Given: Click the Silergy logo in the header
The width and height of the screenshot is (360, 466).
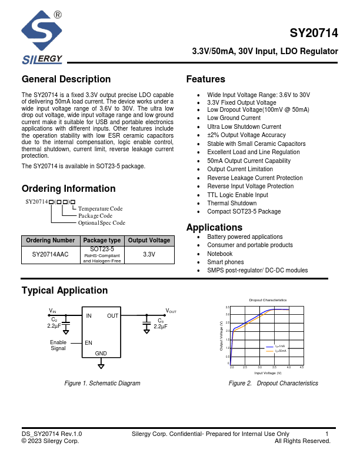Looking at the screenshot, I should pyautogui.click(x=42, y=38).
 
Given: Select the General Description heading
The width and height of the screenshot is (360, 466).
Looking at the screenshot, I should pyautogui.click(x=66, y=79).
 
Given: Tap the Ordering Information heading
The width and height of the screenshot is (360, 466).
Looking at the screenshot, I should pyautogui.click(x=68, y=189).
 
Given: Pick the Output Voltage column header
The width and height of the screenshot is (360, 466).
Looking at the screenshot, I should pyautogui.click(x=149, y=240).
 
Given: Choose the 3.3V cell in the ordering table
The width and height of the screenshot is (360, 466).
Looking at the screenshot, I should pyautogui.click(x=149, y=255).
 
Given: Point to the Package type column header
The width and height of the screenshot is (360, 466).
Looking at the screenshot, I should pyautogui.click(x=102, y=240).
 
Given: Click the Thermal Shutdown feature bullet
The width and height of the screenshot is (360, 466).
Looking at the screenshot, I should pyautogui.click(x=232, y=203).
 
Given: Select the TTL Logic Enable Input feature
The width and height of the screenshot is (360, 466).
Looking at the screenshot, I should pyautogui.click(x=238, y=195).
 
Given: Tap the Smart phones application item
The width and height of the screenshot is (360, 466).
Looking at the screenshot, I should pyautogui.click(x=225, y=262).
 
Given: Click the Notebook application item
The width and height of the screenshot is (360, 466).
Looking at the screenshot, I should pyautogui.click(x=220, y=254).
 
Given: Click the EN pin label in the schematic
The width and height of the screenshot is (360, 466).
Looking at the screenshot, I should pyautogui.click(x=89, y=342).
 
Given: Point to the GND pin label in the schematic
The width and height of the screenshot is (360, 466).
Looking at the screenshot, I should pyautogui.click(x=101, y=353).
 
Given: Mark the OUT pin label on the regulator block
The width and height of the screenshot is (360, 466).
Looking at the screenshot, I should pyautogui.click(x=112, y=316).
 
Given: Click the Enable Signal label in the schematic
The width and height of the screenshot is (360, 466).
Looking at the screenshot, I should pyautogui.click(x=58, y=345).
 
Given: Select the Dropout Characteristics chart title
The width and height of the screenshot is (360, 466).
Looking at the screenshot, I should pyautogui.click(x=268, y=300).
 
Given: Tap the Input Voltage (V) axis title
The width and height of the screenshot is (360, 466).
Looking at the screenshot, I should pyautogui.click(x=268, y=373).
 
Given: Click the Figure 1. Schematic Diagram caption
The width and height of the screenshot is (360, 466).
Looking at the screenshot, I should pyautogui.click(x=102, y=384).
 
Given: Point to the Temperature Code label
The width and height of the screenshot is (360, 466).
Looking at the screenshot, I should pyautogui.click(x=101, y=209).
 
